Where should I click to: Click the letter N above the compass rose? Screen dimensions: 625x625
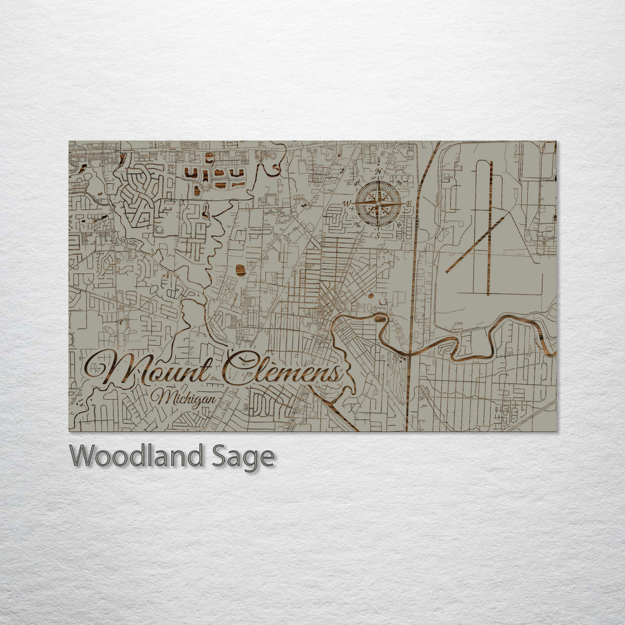tap(378, 172)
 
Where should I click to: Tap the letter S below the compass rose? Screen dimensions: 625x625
tap(378, 236)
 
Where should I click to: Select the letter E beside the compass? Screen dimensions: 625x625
tap(409, 204)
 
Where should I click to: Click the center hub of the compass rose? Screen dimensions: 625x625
tap(378, 204)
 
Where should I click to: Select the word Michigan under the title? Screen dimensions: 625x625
tap(183, 398)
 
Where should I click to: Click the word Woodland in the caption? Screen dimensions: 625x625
tap(137, 457)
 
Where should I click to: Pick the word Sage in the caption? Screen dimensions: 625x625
tap(242, 458)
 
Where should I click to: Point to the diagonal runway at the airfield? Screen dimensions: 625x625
tap(475, 245)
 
